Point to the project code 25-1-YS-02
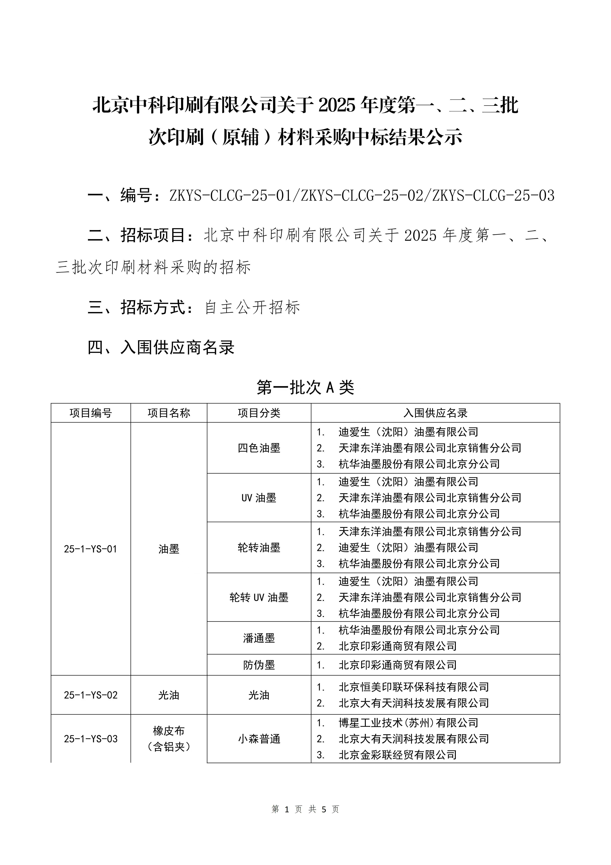(x=91, y=695)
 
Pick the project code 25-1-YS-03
(x=91, y=739)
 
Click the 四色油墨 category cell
(x=259, y=448)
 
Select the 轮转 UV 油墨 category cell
(x=259, y=598)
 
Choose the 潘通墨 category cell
(x=259, y=638)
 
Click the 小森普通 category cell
(x=259, y=739)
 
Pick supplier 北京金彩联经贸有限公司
(x=398, y=755)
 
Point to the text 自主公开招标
(x=252, y=307)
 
